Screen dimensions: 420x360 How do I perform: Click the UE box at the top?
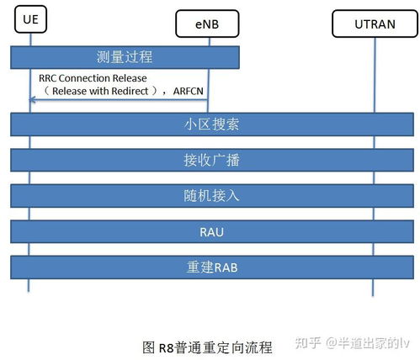[x=30, y=19]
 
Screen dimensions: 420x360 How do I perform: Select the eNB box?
[x=207, y=24]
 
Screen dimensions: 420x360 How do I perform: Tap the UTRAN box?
[x=375, y=24]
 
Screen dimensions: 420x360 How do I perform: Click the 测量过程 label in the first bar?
[x=125, y=57]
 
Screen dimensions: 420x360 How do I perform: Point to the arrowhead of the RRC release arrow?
[x=32, y=99]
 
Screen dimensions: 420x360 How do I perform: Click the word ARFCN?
[x=189, y=91]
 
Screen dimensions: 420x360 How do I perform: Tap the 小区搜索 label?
[x=211, y=124]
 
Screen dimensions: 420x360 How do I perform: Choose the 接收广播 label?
[x=211, y=160]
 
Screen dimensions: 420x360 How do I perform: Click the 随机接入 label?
[x=211, y=196]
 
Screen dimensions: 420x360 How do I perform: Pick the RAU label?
[x=211, y=232]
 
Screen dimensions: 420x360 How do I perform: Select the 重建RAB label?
[x=212, y=267]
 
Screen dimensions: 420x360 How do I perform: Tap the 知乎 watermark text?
[x=307, y=343]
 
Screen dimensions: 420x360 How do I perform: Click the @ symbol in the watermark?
[x=332, y=343]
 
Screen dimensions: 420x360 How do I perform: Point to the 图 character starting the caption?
[x=149, y=347]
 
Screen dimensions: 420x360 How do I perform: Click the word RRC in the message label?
[x=48, y=78]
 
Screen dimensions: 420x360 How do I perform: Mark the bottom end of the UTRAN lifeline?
[x=373, y=295]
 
